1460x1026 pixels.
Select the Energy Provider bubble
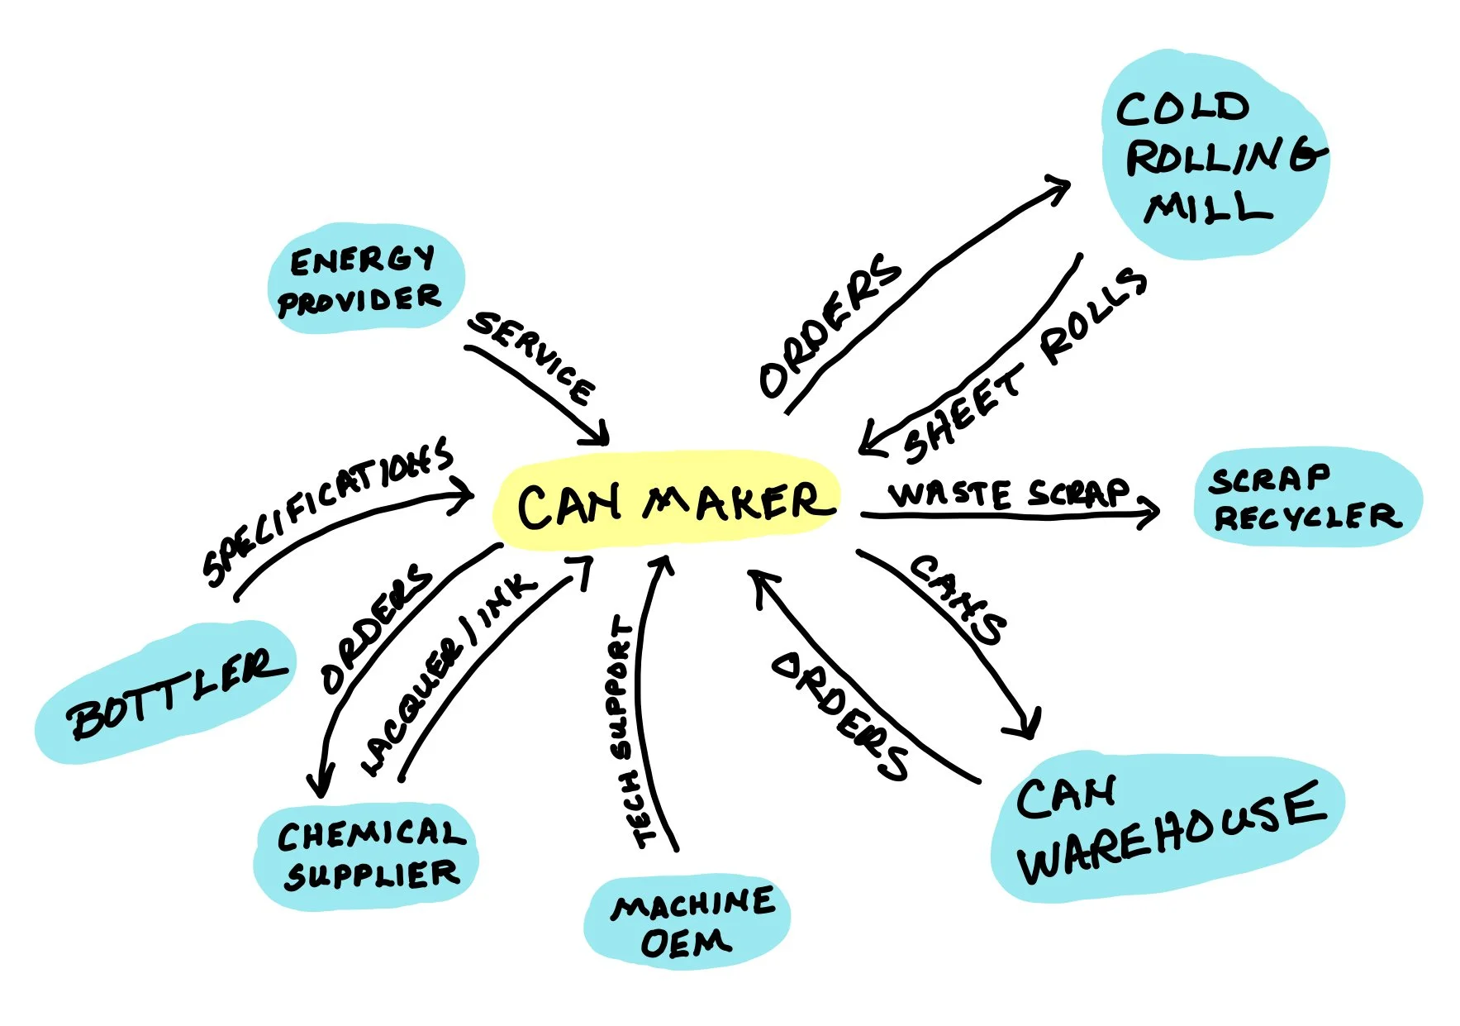point(364,279)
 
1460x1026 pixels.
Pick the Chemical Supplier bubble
point(368,856)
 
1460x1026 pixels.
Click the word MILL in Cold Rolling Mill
point(1208,208)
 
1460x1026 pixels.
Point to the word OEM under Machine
point(685,943)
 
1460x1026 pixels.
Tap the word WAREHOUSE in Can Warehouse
point(1173,835)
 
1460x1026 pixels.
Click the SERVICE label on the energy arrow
point(531,357)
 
